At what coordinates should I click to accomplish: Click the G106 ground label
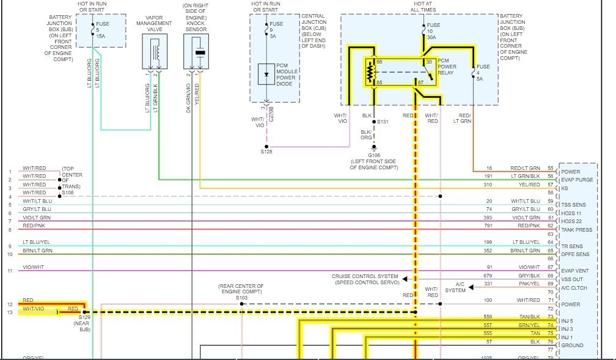point(374,155)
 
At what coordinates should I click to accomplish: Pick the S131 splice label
point(383,122)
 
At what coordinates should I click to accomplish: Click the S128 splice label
point(266,151)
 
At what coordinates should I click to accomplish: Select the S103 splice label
point(242,297)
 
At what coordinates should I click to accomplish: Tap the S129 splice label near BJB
point(84,318)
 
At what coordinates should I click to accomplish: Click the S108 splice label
point(68,192)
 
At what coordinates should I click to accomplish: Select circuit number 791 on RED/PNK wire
point(488,226)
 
